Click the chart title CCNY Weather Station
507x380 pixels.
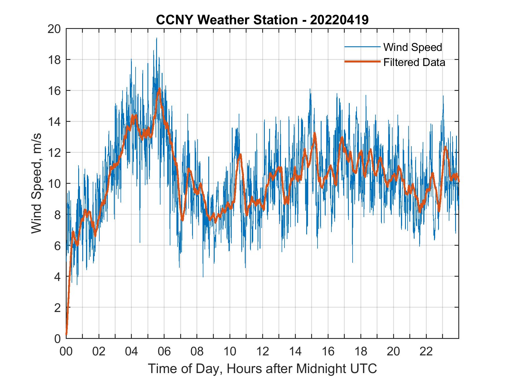[x=227, y=20]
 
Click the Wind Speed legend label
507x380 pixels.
[x=413, y=47]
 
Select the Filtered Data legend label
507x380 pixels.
[x=414, y=62]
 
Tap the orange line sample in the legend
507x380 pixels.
[x=362, y=62]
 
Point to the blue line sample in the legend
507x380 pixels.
[x=362, y=47]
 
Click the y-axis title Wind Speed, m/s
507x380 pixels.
[x=37, y=183]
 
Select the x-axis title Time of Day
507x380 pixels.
[x=262, y=369]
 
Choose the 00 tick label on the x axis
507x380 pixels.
[x=66, y=352]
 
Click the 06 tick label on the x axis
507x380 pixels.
[x=164, y=352]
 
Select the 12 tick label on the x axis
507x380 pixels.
[x=263, y=352]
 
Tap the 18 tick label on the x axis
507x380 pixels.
[x=361, y=352]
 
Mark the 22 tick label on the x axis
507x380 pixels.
[x=426, y=352]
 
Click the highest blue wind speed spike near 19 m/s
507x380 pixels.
[x=156, y=38]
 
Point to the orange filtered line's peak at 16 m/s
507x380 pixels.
[x=159, y=89]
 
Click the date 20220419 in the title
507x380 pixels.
[x=339, y=20]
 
